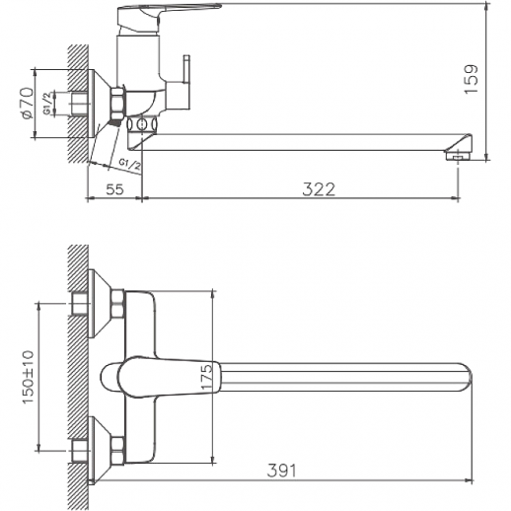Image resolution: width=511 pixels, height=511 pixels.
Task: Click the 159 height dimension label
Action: [471, 79]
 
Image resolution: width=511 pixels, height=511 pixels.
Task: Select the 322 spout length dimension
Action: [319, 189]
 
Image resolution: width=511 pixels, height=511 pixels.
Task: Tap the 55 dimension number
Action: [114, 189]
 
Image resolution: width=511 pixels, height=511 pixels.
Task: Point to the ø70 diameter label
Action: [27, 104]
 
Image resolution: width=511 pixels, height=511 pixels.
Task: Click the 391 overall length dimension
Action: [281, 471]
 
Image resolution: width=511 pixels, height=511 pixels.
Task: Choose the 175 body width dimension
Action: [206, 377]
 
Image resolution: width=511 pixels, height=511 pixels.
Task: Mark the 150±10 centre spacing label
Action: [29, 377]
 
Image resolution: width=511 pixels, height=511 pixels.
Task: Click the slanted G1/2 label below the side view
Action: [130, 164]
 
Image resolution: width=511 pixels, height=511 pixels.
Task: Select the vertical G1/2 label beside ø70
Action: [48, 104]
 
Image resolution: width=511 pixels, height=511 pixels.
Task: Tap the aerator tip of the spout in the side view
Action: [458, 156]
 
